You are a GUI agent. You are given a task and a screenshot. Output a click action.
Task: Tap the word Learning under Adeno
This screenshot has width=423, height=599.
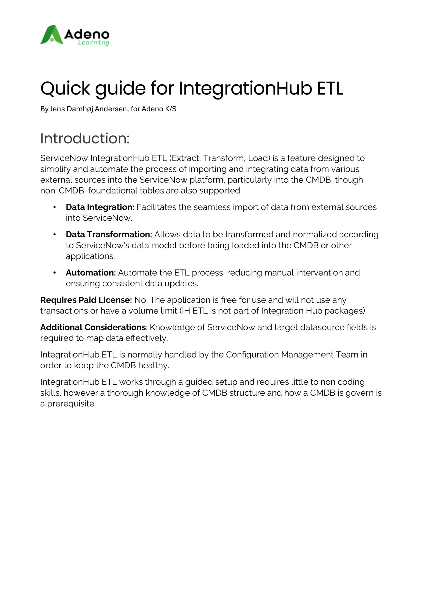93,43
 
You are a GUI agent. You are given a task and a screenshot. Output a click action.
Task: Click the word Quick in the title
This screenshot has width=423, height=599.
65,88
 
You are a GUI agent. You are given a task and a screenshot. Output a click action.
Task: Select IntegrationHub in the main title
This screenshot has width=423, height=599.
245,88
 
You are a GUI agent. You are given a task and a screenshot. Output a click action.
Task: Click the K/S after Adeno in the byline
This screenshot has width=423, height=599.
171,109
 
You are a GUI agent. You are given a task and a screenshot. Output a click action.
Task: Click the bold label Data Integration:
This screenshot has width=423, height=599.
100,207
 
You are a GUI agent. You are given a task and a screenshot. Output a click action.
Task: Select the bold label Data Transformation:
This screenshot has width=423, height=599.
109,234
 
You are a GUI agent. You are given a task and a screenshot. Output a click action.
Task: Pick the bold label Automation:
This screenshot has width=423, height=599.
91,273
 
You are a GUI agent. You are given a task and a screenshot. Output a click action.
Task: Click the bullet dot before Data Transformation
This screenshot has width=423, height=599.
54,234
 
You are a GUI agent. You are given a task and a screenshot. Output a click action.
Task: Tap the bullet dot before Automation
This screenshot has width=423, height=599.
54,273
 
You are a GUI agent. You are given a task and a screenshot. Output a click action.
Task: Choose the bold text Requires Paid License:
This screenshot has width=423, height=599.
86,300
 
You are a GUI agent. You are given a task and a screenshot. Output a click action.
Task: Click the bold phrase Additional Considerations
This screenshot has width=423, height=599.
93,327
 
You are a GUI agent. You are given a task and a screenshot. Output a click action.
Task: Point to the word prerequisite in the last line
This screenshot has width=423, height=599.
71,404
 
